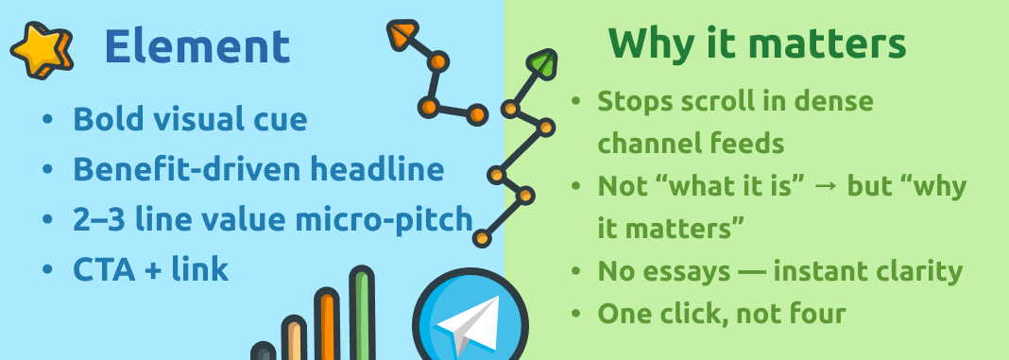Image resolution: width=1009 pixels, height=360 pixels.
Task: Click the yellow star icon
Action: point(42,50)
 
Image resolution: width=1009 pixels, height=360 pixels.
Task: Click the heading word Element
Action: point(197,46)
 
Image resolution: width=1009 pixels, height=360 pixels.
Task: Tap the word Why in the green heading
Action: point(648,43)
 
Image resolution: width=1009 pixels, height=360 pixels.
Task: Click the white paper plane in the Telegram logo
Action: point(468,325)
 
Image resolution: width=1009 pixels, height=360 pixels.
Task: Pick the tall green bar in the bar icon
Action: point(362,314)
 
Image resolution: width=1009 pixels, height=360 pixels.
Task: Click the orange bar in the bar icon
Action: point(327,324)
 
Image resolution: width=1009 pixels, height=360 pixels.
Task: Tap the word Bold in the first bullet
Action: point(103,119)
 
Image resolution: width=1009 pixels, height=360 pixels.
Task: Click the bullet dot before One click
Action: point(576,315)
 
